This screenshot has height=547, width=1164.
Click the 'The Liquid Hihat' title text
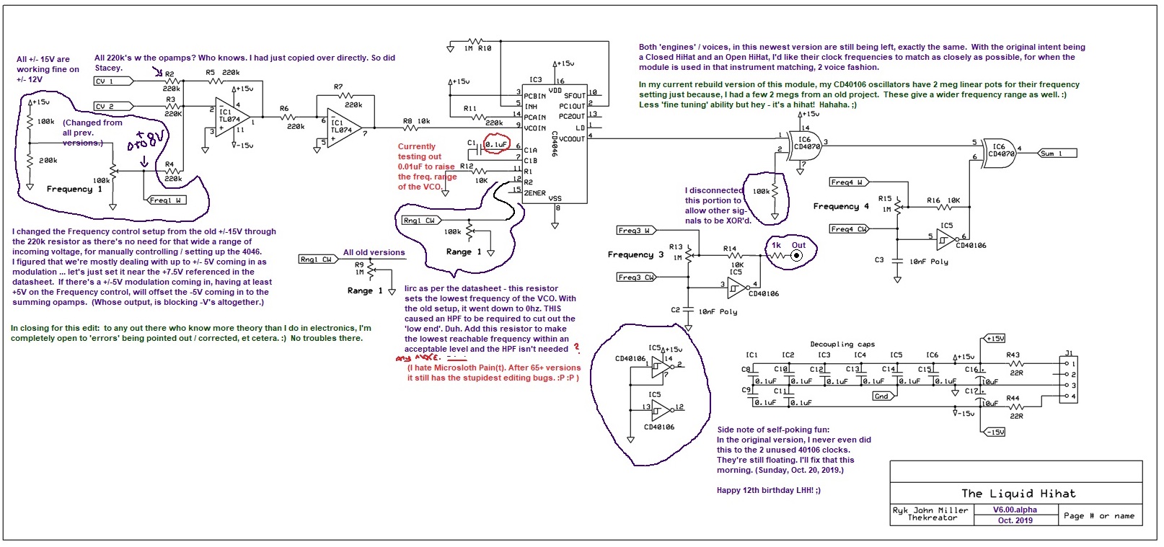[1018, 494]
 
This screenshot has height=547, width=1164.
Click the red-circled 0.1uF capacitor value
[496, 145]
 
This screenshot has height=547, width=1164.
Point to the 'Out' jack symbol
[797, 255]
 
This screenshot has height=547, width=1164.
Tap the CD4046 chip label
[554, 144]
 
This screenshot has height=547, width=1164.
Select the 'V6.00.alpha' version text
[1015, 510]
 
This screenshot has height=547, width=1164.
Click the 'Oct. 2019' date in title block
[1015, 520]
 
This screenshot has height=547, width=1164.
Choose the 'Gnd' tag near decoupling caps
[881, 396]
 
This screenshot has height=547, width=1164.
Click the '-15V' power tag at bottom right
[995, 432]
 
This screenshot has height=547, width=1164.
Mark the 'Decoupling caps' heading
[842, 344]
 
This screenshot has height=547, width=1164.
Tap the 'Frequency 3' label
[635, 254]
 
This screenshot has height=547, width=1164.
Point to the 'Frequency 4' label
[841, 206]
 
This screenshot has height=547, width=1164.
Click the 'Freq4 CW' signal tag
[849, 229]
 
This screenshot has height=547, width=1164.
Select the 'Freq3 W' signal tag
[634, 231]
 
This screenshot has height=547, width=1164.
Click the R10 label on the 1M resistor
[485, 48]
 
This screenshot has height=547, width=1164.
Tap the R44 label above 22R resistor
[1013, 398]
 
